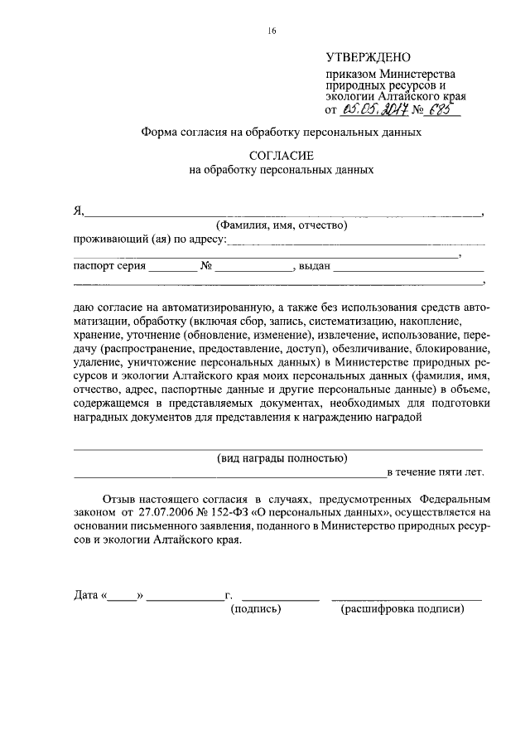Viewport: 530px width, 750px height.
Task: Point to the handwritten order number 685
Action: (443, 107)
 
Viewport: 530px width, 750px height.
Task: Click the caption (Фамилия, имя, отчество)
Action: (281, 225)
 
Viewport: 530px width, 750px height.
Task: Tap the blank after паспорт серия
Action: (173, 269)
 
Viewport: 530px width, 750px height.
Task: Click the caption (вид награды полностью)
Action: (282, 458)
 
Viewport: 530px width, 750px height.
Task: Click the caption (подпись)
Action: (257, 610)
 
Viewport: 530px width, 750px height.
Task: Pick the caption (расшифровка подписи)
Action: (402, 610)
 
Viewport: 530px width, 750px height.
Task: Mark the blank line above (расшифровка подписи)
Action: (407, 598)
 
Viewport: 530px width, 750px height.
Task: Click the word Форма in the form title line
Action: (160, 131)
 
